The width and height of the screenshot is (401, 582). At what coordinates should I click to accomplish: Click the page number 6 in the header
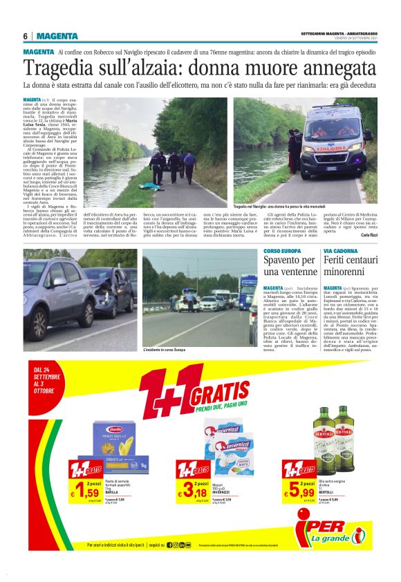25,37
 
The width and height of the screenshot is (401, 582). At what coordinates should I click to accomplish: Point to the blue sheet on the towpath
149,185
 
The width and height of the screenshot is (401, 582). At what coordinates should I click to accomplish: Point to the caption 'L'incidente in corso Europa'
164,350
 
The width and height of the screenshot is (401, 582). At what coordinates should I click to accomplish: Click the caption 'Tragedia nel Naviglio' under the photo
270,207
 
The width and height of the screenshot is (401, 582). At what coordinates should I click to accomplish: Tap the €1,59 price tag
84,492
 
